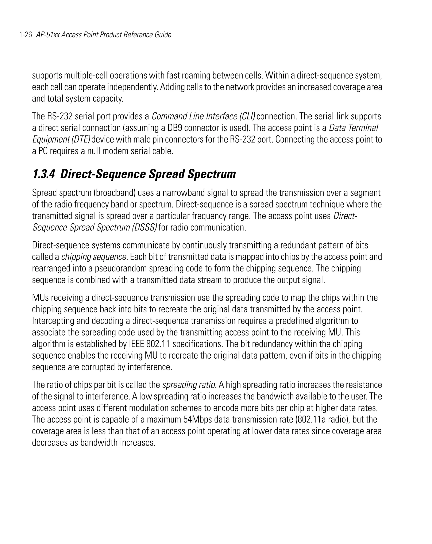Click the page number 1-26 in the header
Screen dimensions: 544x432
tap(26, 35)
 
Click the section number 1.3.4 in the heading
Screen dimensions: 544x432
tap(43, 174)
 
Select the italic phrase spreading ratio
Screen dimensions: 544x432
tap(189, 385)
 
